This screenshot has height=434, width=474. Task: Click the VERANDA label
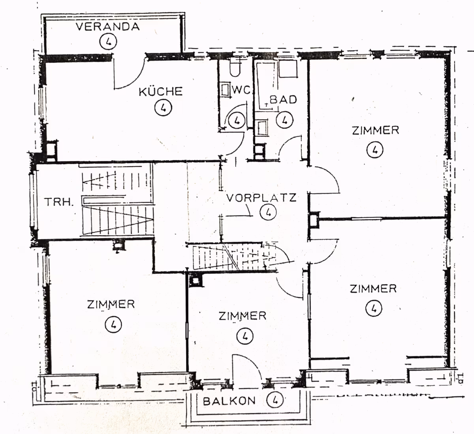coord(108,26)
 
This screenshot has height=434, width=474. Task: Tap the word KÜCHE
coord(161,92)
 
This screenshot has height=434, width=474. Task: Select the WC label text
coord(241,90)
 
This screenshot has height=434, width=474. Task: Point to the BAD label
coord(283,100)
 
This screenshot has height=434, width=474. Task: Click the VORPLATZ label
coord(261,198)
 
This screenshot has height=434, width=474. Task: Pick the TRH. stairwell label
coord(59,202)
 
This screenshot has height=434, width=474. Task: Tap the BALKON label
coord(229,401)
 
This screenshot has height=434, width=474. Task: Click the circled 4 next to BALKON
coord(275,400)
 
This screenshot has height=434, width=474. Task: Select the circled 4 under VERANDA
coord(108,41)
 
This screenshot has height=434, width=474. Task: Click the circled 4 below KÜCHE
coord(163,107)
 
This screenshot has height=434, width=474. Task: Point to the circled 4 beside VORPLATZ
coord(268,212)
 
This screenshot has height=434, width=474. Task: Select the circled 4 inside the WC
coord(237,120)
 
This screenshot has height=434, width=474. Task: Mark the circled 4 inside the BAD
coord(285,120)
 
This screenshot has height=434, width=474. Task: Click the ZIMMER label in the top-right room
coord(376,131)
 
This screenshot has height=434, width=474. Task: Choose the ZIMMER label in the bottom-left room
coord(111,304)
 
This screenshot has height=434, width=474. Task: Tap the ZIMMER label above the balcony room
coord(243,316)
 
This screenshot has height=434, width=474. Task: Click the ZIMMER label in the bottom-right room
coord(373,289)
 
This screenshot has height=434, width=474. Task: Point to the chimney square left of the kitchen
coord(51,151)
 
